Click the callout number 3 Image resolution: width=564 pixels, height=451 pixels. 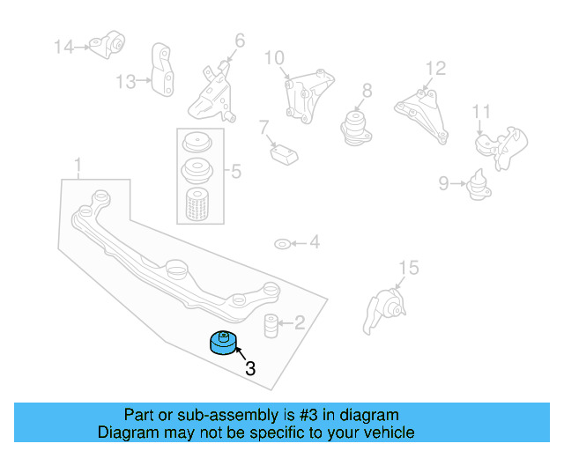coord(249,369)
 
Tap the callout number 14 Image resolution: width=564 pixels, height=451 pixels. coord(64,47)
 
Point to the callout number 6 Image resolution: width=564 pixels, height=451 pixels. coord(240,40)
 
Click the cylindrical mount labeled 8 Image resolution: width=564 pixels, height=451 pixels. coord(356,127)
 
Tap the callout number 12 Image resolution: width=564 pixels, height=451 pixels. coord(435,68)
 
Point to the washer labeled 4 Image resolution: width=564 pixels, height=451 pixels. coord(280,243)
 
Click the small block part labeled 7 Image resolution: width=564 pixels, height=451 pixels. coord(284,154)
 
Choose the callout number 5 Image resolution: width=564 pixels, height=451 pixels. coord(235,173)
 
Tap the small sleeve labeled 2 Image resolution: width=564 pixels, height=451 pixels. coord(271,323)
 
